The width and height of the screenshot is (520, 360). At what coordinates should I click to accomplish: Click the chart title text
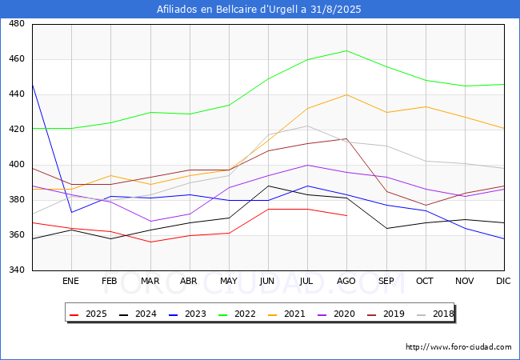(x=260, y=10)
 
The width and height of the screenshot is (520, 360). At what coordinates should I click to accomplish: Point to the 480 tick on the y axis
(x=15, y=24)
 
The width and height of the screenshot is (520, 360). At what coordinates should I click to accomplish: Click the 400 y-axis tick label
(x=15, y=165)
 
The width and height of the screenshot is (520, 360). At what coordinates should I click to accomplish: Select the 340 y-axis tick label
(x=15, y=270)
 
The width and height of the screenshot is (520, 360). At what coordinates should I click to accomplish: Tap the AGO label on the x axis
(x=346, y=282)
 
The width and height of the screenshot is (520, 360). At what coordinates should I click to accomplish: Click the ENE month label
(x=71, y=282)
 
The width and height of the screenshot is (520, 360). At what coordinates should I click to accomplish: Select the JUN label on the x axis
(x=268, y=282)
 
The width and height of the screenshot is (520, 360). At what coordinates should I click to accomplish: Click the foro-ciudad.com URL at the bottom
(x=458, y=347)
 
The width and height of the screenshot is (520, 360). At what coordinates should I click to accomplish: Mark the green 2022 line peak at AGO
(x=346, y=50)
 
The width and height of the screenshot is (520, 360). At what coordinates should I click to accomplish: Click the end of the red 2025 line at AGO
(x=346, y=215)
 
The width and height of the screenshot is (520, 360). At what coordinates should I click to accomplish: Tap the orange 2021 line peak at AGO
(x=346, y=94)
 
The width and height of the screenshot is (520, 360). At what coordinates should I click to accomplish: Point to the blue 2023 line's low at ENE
(x=71, y=212)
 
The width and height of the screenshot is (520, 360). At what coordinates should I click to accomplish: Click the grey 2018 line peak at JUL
(x=307, y=126)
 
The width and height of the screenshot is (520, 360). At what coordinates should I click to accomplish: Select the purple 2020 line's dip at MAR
(x=150, y=221)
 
